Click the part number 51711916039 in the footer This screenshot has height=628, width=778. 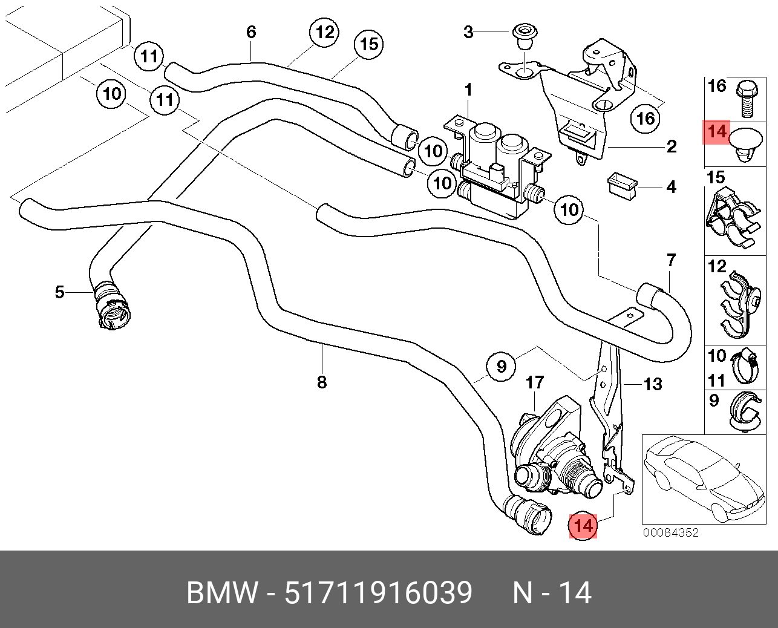378,592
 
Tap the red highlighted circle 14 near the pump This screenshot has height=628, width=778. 583,526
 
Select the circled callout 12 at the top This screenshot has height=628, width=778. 324,33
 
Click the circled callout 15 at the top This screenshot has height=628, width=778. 368,45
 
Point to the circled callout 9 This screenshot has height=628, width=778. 501,366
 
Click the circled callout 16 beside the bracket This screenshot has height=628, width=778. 646,118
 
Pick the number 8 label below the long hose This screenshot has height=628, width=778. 321,382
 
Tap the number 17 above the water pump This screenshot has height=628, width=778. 535,382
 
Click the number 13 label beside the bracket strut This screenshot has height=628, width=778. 653,384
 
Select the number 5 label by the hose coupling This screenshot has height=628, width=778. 59,292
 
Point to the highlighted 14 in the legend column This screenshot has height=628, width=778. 717,132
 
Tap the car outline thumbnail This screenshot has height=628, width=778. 704,479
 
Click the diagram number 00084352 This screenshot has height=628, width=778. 671,532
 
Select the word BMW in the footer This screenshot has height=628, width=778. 223,592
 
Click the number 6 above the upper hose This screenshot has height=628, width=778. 251,32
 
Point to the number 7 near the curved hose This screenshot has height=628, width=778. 672,261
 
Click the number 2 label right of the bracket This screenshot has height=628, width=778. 672,147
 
